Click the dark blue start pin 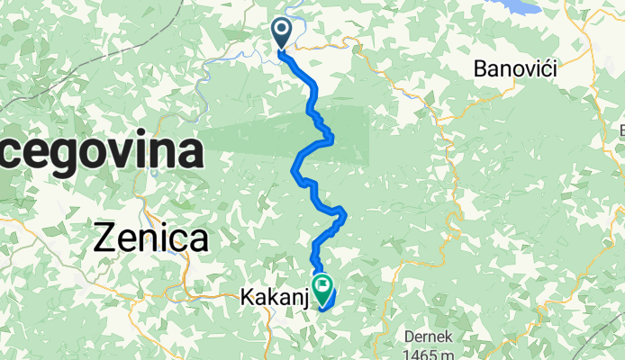[281, 33]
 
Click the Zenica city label [151, 238]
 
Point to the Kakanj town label [273, 295]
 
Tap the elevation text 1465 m [430, 353]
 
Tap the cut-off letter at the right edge [620, 131]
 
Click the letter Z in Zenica [107, 238]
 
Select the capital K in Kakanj [248, 295]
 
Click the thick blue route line [313, 94]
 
